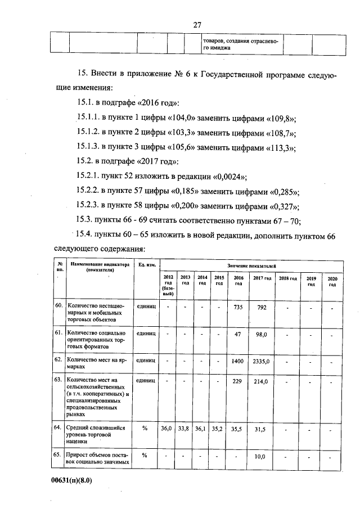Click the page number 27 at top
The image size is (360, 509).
tap(197, 25)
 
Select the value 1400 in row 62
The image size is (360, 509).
tap(237, 361)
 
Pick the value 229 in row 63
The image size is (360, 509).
tap(238, 381)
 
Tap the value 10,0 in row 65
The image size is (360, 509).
tap(259, 457)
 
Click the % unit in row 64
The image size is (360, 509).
tap(145, 429)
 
